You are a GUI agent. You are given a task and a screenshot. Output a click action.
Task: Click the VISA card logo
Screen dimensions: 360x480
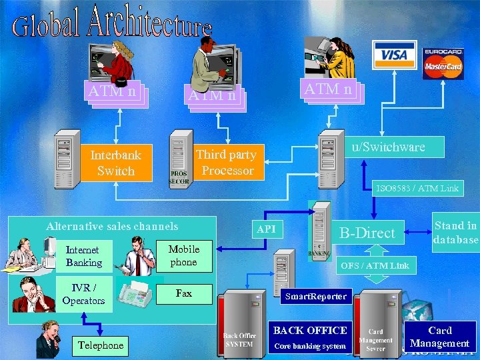pos(394,55)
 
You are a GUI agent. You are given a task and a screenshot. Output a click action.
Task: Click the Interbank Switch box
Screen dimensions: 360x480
pos(115,163)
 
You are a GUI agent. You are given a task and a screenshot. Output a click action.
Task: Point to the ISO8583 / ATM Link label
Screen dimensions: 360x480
pos(417,189)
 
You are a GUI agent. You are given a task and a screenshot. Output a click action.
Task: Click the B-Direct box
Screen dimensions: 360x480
pos(368,233)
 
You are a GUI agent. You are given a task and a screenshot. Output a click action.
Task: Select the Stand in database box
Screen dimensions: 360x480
pos(455,233)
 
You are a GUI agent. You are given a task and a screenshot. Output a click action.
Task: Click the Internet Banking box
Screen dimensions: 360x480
pos(83,256)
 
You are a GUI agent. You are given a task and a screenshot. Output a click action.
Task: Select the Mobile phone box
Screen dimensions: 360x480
pos(184,256)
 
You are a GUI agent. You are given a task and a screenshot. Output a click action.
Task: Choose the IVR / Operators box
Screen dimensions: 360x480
pos(83,294)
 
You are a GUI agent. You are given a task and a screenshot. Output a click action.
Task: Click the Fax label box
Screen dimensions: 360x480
pos(184,293)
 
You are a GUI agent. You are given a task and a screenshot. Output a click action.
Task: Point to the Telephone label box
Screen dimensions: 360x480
pos(100,345)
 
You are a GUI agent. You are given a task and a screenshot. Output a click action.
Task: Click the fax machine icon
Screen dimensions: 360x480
pos(139,291)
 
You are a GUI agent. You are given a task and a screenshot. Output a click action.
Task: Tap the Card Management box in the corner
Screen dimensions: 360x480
pos(440,337)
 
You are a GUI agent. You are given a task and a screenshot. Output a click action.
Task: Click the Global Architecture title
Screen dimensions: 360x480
pos(112,23)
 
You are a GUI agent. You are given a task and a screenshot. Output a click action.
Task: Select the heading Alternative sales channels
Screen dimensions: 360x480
pos(112,227)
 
